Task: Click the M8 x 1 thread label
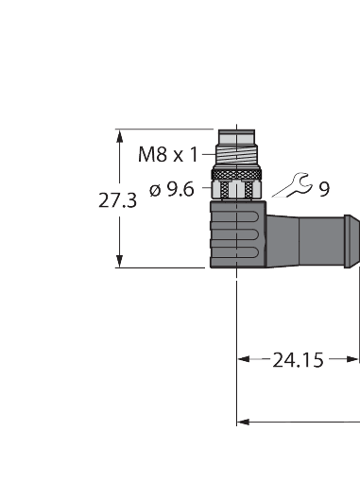click(168, 155)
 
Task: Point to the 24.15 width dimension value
click(298, 359)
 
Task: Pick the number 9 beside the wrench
click(324, 190)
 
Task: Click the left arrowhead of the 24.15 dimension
click(243, 359)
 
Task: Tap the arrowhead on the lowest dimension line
click(242, 420)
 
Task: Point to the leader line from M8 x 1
click(209, 155)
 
